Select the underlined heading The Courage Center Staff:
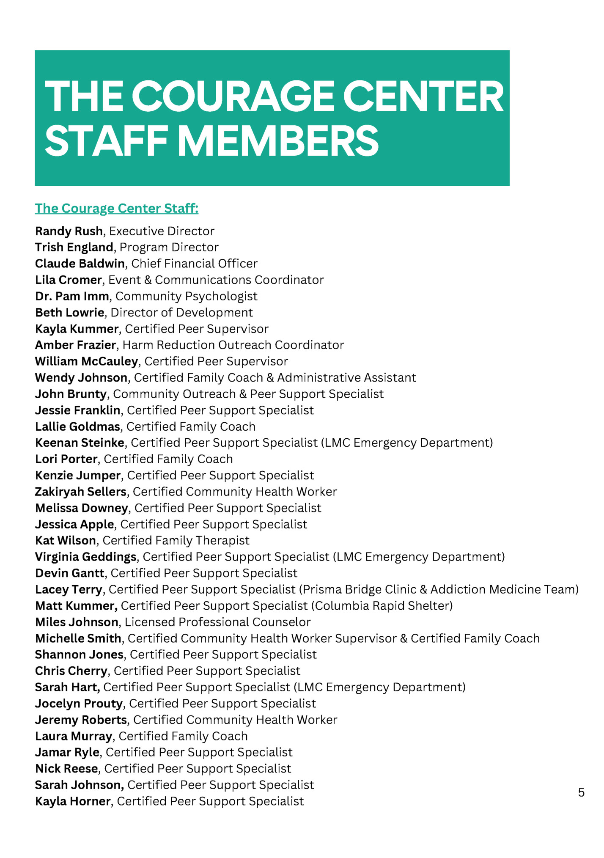click(117, 208)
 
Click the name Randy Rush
click(69, 231)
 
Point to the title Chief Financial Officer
click(194, 264)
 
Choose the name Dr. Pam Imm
click(72, 296)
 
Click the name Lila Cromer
click(69, 280)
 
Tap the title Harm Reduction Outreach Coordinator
click(233, 345)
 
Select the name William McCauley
click(87, 361)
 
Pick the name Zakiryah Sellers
click(81, 492)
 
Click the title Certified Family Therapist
click(176, 541)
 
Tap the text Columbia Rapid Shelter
click(382, 606)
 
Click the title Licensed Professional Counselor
click(218, 622)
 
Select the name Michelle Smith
click(78, 638)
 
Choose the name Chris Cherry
click(71, 671)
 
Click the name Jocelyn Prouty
click(79, 704)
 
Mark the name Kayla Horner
click(73, 801)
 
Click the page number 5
click(581, 792)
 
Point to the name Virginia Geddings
click(86, 557)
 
